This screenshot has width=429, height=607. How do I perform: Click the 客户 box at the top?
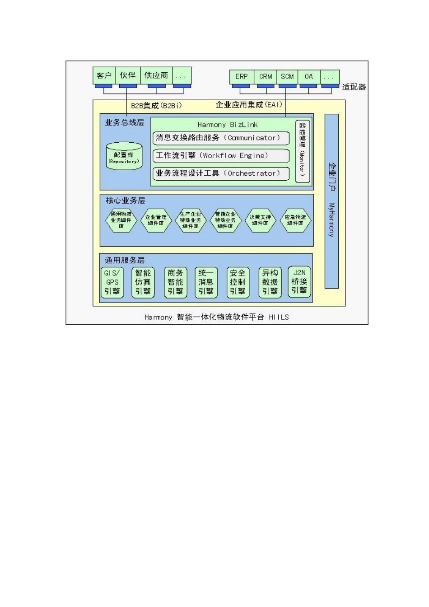pyautogui.click(x=104, y=75)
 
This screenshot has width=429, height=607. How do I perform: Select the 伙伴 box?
pyautogui.click(x=128, y=75)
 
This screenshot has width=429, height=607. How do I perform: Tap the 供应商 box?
pyautogui.click(x=156, y=75)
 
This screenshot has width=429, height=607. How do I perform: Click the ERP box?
pyautogui.click(x=242, y=77)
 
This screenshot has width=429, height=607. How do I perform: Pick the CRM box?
pyautogui.click(x=266, y=77)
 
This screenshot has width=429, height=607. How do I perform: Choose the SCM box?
pyautogui.click(x=287, y=77)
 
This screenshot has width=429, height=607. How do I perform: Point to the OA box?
pyautogui.click(x=309, y=77)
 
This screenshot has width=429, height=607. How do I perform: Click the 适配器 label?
pyautogui.click(x=354, y=87)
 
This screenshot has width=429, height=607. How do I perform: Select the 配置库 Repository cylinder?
pyautogui.click(x=124, y=157)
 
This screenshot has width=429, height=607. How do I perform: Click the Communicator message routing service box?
pyautogui.click(x=221, y=138)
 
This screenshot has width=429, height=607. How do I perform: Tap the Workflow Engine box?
pyautogui.click(x=221, y=156)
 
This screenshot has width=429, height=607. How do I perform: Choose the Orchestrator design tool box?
pyautogui.click(x=221, y=173)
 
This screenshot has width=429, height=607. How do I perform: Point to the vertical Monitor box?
pyautogui.click(x=303, y=151)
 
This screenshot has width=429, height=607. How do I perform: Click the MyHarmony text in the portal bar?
pyautogui.click(x=331, y=220)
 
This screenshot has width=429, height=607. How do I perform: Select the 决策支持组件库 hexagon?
pyautogui.click(x=260, y=220)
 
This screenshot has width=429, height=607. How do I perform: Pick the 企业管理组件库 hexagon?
pyautogui.click(x=156, y=220)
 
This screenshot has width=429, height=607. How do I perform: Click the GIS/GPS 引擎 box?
pyautogui.click(x=112, y=282)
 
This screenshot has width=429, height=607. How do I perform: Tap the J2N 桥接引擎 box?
pyautogui.click(x=299, y=282)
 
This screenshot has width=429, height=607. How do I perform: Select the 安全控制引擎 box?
pyautogui.click(x=238, y=282)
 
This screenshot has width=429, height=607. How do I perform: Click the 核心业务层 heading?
pyautogui.click(x=126, y=201)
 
